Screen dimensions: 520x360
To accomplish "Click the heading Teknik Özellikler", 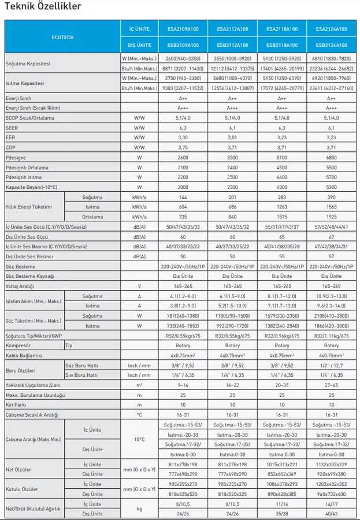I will pyautogui.click(x=43, y=7).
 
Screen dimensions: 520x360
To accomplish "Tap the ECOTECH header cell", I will pyautogui.click(x=62, y=36).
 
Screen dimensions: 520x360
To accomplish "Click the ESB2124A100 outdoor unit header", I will pyautogui.click(x=331, y=44).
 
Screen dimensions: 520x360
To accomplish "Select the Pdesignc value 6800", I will pyautogui.click(x=331, y=157).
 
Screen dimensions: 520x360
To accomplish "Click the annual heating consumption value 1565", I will pyautogui.click(x=331, y=207).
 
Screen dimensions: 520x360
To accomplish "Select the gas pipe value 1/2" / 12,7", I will pyautogui.click(x=331, y=365).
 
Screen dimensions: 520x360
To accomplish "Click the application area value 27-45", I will pyautogui.click(x=331, y=385).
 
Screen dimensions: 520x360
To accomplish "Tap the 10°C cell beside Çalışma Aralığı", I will pyautogui.click(x=139, y=440).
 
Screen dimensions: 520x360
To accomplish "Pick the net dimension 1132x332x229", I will pyautogui.click(x=331, y=465).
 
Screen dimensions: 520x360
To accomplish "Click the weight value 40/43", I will pyautogui.click(x=331, y=514).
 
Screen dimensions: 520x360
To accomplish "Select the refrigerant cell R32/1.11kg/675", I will pyautogui.click(x=331, y=335).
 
